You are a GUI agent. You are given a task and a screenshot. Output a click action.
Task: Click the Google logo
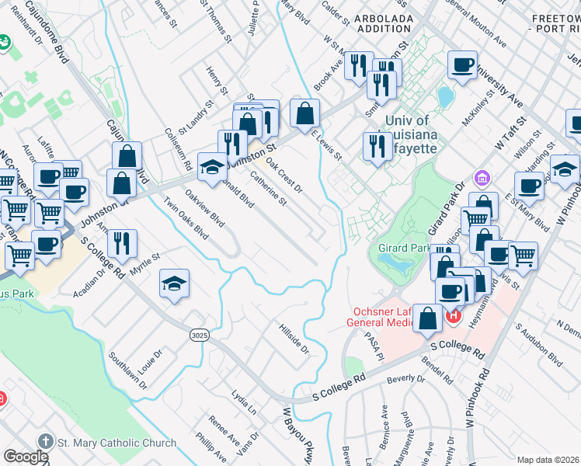pyautogui.click(x=25, y=456)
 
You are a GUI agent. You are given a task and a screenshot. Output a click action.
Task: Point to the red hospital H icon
pyautogui.click(x=453, y=315)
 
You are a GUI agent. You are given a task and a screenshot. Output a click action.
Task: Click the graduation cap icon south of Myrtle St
pyautogui.click(x=175, y=284)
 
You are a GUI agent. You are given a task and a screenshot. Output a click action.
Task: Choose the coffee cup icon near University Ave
pyautogui.click(x=463, y=66)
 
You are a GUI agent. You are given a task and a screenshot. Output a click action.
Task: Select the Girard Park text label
pyautogui.click(x=399, y=248)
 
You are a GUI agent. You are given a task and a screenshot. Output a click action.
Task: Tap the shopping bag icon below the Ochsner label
pyautogui.click(x=428, y=318)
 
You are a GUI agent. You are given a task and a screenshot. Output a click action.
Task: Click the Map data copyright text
pyautogui.click(x=548, y=460)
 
